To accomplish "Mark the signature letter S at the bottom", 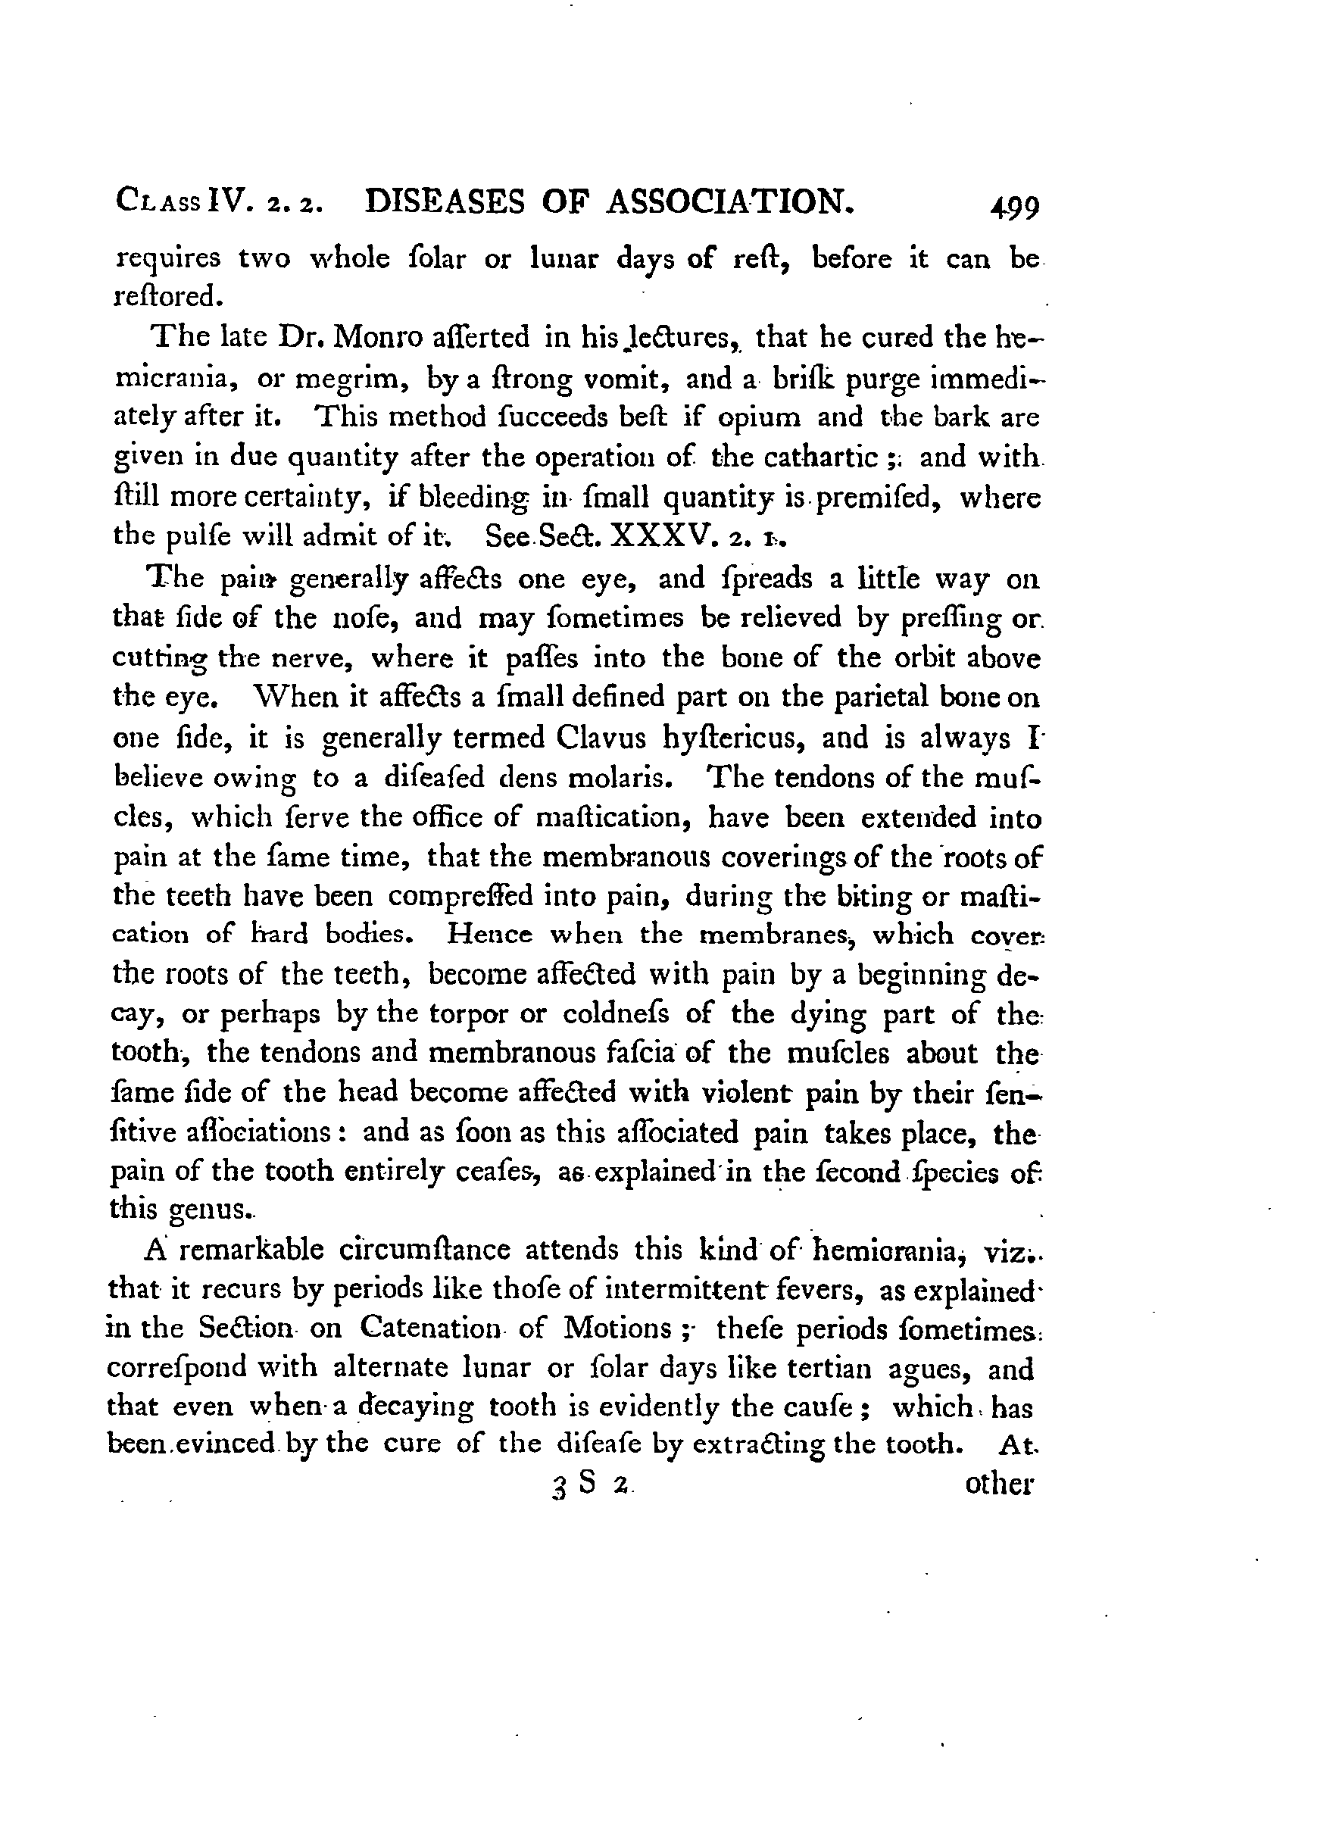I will pos(586,1481).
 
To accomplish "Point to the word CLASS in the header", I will pos(158,203).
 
